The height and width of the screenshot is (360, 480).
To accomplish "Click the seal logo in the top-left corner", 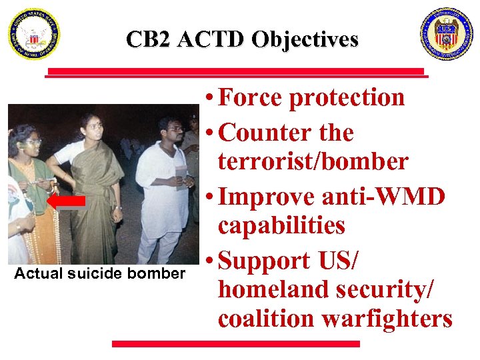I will coord(34,35).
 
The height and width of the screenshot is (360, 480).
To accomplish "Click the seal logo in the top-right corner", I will coord(446,34).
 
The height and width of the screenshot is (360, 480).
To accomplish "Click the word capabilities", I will coord(281,226).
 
